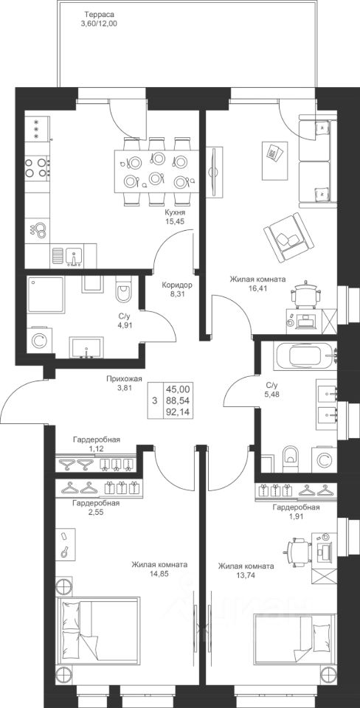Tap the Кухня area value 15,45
[176, 221]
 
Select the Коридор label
[178, 285]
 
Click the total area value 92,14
[179, 411]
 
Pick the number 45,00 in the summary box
[179, 389]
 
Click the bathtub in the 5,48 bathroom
[306, 356]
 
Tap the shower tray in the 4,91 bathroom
[46, 295]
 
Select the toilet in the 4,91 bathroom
[123, 289]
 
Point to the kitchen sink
[74, 255]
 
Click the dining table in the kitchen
[156, 171]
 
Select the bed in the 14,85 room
[97, 631]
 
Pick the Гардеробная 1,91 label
[296, 512]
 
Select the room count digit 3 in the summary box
[155, 400]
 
